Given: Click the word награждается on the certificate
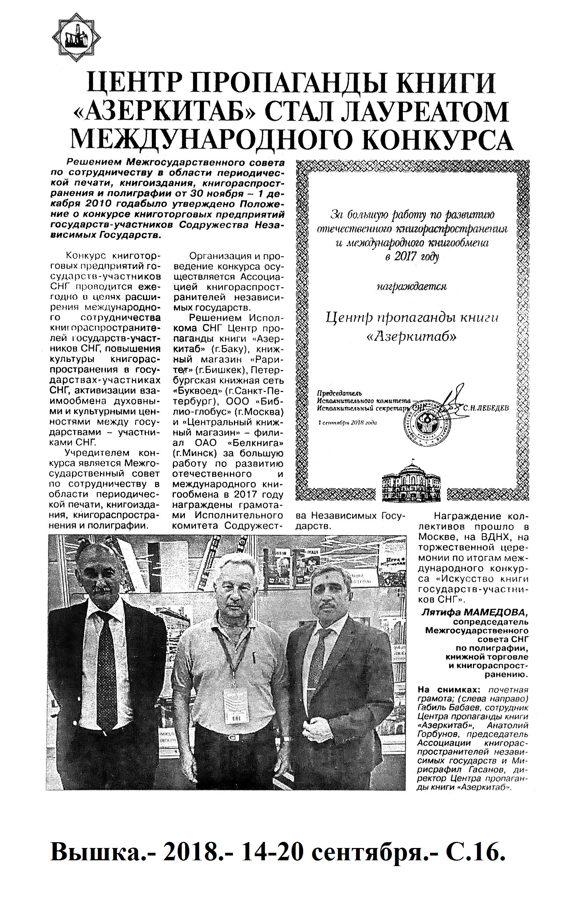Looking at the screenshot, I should point(412,286).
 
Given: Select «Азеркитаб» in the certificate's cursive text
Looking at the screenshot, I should point(411,336).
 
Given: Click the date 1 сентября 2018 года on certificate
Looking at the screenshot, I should point(348,422).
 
